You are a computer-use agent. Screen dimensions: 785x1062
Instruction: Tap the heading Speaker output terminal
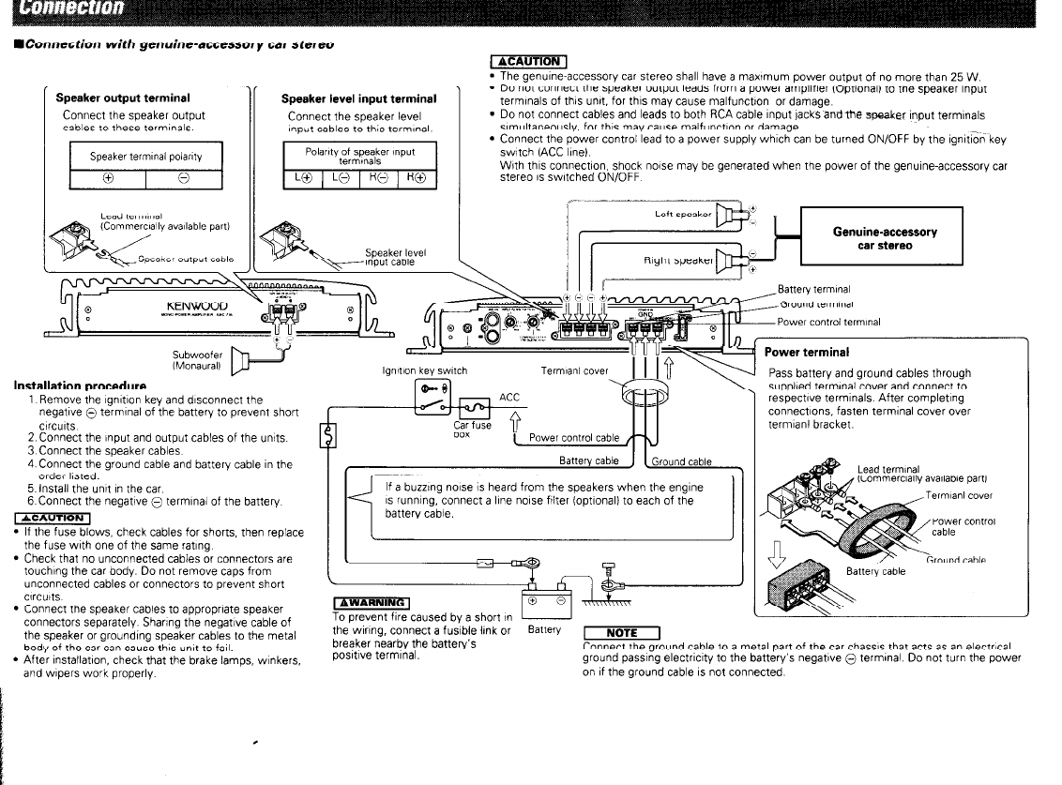click(123, 98)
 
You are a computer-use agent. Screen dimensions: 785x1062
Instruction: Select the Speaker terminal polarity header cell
click(145, 156)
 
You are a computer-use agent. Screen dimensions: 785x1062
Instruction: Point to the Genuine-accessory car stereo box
click(884, 238)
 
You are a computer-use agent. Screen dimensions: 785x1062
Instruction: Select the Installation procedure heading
click(80, 385)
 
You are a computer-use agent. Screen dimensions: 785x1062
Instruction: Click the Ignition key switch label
click(423, 370)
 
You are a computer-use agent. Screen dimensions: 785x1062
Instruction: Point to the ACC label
click(509, 397)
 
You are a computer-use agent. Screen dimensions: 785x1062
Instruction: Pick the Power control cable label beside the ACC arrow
click(574, 437)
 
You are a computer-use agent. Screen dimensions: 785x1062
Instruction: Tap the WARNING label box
click(372, 602)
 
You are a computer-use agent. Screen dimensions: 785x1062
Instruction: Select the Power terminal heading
click(807, 353)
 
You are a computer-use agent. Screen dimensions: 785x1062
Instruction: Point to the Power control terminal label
click(828, 322)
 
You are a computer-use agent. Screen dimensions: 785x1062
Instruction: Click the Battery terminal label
click(813, 289)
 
